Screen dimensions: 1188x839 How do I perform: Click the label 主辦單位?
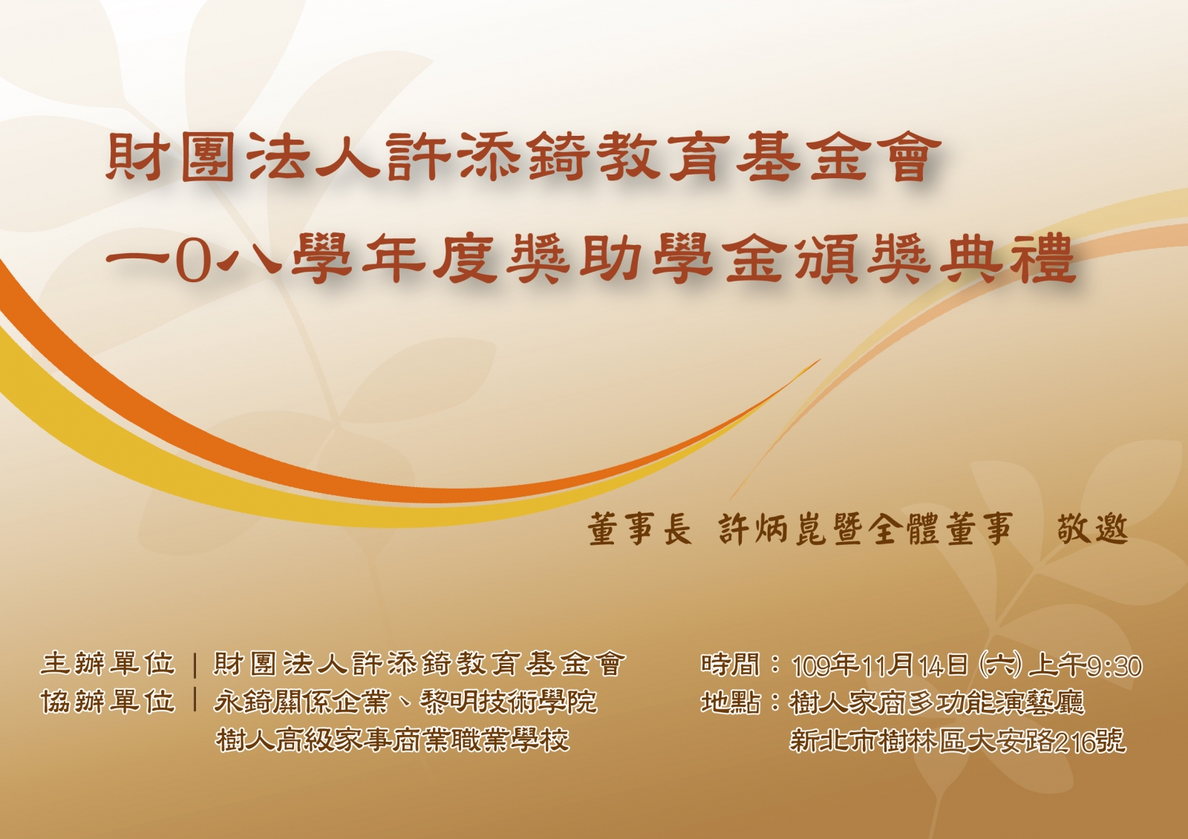(x=108, y=664)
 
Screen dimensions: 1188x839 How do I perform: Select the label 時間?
(x=731, y=664)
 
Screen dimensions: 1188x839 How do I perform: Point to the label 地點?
(x=731, y=702)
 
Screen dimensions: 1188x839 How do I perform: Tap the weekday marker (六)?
(x=999, y=665)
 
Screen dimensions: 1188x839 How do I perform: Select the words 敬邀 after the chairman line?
(x=1093, y=529)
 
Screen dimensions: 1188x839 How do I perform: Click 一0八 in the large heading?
(x=194, y=261)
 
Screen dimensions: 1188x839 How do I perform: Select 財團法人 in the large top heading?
(x=244, y=157)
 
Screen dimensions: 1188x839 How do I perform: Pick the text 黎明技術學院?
(x=509, y=702)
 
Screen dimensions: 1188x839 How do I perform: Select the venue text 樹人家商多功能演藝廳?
(x=937, y=702)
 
